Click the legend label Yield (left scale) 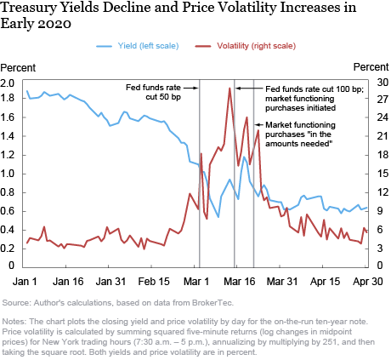(147, 45)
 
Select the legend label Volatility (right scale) (245, 45)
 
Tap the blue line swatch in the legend (104, 45)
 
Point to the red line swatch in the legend (203, 45)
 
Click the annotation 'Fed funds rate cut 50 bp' (157, 92)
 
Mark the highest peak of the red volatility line (229, 88)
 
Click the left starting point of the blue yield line (27, 91)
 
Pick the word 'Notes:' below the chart (16, 321)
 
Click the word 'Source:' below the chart (18, 302)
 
